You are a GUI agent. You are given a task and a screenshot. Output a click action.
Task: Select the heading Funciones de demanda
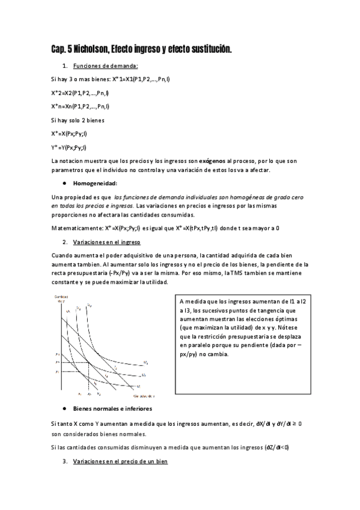pyautogui.click(x=105, y=66)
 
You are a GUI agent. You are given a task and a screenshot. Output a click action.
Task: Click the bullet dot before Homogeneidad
pyautogui.click(x=64, y=183)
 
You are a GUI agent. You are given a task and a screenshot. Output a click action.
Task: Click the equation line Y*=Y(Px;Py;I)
pyautogui.click(x=69, y=147)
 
